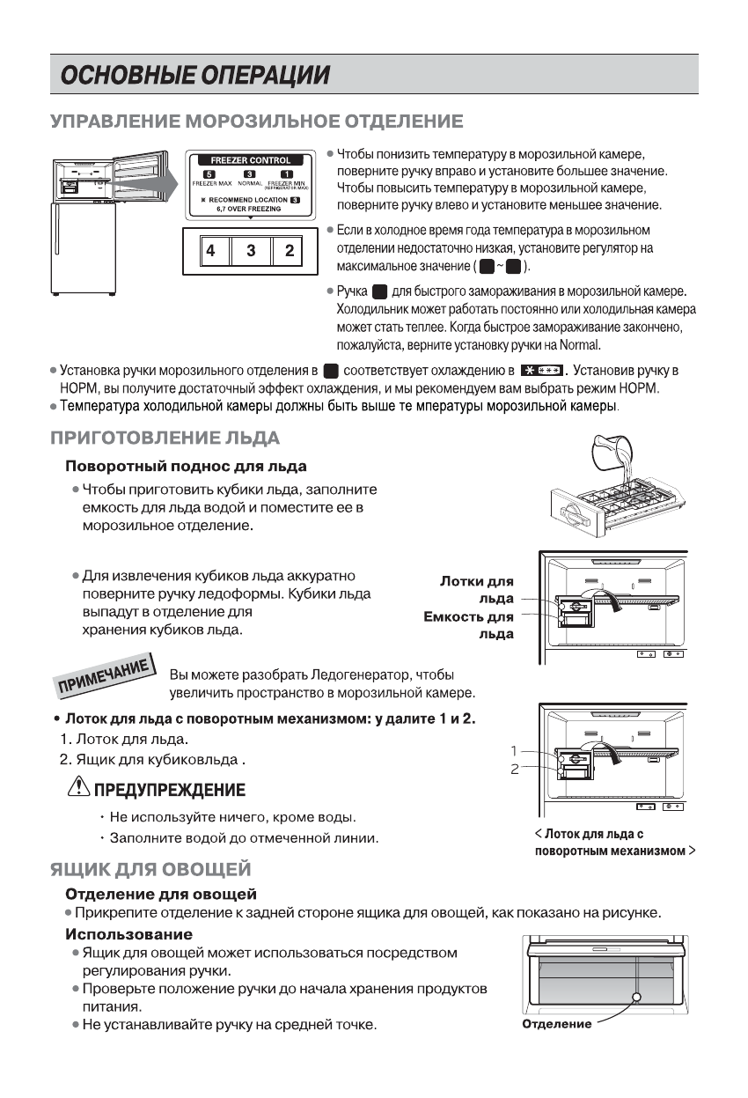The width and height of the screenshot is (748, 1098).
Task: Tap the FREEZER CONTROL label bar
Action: point(250,161)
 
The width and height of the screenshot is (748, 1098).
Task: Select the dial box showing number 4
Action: point(210,251)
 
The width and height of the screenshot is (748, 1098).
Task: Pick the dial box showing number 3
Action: point(251,251)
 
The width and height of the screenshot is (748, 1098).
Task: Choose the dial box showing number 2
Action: point(290,251)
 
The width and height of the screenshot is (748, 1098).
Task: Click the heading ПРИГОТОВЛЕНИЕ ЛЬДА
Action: point(165,438)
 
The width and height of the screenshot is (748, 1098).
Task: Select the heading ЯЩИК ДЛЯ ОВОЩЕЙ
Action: point(151,871)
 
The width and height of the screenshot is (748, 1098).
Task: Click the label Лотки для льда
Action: point(476,590)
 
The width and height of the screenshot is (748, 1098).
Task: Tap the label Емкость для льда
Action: point(469,624)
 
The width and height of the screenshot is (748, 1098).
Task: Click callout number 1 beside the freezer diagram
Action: point(513,751)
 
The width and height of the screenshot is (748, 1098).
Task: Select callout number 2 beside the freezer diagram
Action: point(513,769)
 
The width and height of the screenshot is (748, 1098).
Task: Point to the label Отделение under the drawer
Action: point(556,1024)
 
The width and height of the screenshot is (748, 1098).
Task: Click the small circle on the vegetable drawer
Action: point(636,997)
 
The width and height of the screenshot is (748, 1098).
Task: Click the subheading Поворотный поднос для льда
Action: point(186,465)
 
